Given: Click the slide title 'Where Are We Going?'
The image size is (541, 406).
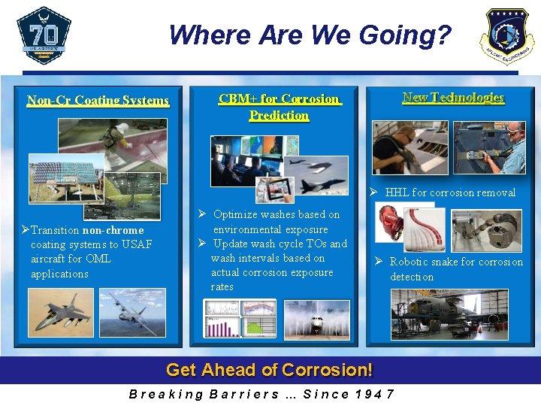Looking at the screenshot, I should pos(310,35).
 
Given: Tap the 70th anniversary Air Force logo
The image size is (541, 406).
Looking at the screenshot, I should pos(44,35).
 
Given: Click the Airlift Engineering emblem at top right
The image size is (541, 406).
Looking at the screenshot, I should pos(507,36).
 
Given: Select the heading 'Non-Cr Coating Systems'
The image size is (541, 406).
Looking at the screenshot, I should pos(98,100).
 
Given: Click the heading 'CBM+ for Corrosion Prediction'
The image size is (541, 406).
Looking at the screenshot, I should pos(279,107).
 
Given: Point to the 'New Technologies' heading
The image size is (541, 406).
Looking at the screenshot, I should pos(453,97).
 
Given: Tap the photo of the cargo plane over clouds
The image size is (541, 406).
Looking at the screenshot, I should pos(132,313).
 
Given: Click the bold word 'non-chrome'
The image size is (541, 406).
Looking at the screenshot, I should pos(113,230).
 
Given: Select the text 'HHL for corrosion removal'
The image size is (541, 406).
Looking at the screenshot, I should pos(450,192).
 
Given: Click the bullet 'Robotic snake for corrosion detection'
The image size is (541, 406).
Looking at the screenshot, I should pos(455,269).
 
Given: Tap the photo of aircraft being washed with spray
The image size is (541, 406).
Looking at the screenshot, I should pos(316,319).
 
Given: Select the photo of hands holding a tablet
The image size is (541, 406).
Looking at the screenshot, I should pos(275,190).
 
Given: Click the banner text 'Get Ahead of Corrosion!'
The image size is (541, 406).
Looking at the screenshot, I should pos(269,370).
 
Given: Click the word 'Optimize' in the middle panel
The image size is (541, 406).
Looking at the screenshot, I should pos(237,215).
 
